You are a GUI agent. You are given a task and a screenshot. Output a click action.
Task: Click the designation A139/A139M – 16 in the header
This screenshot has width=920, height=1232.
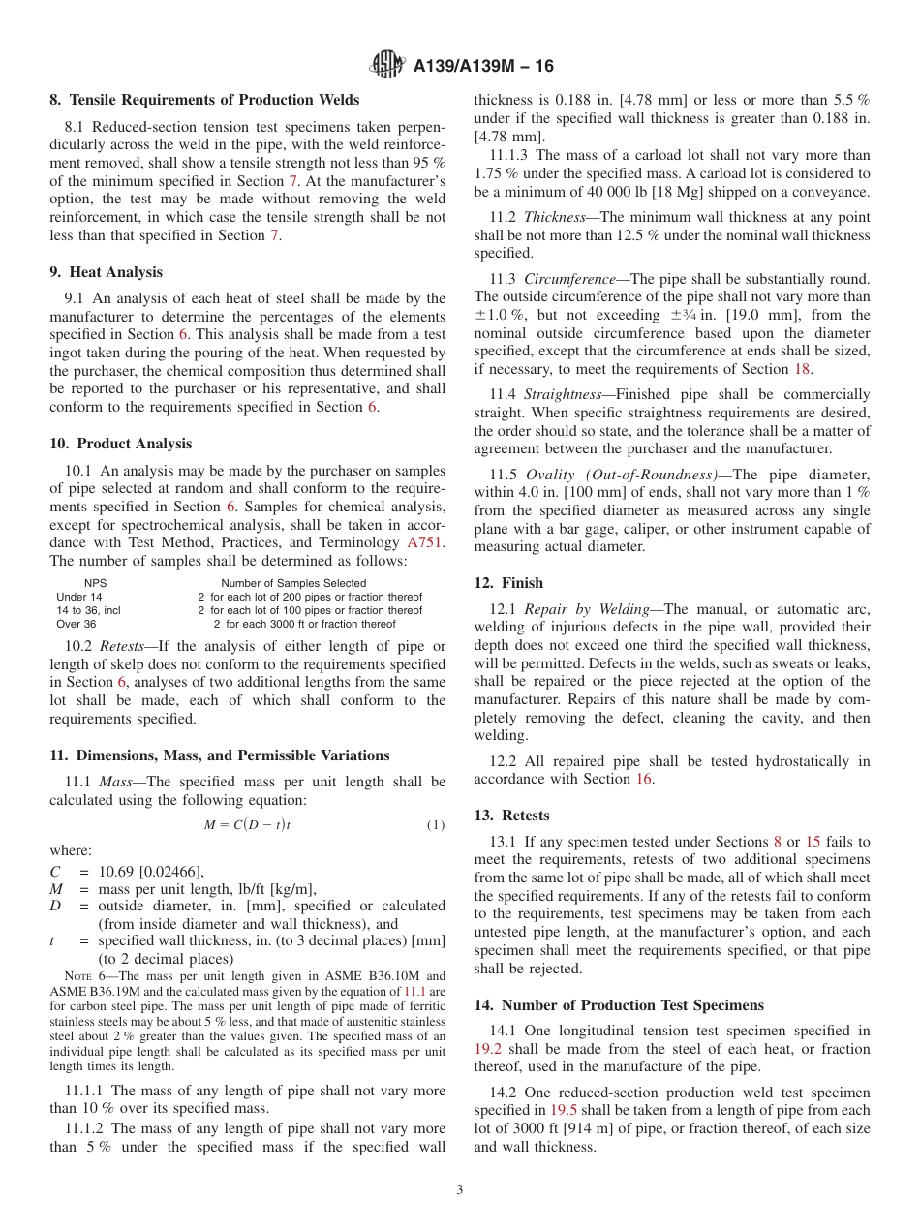pyautogui.click(x=483, y=67)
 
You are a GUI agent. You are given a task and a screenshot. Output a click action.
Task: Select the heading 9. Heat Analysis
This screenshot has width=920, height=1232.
pyautogui.click(x=107, y=272)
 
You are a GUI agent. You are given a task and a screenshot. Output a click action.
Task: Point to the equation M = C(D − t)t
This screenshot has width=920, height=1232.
pyautogui.click(x=247, y=824)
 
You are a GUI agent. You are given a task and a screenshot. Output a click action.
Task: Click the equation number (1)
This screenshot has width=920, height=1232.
pyautogui.click(x=435, y=825)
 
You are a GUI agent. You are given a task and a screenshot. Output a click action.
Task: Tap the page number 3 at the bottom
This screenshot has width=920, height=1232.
pyautogui.click(x=460, y=1189)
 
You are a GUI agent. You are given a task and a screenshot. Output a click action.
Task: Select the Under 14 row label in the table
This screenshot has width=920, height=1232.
pyautogui.click(x=79, y=597)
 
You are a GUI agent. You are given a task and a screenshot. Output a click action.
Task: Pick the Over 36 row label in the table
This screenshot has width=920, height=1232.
pyautogui.click(x=77, y=624)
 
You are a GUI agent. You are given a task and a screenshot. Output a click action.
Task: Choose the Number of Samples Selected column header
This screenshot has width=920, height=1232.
pyautogui.click(x=293, y=583)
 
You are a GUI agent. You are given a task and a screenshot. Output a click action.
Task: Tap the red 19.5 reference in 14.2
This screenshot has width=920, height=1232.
pyautogui.click(x=563, y=1110)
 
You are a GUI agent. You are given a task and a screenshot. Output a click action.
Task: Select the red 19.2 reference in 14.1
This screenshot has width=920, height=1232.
pyautogui.click(x=488, y=1049)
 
